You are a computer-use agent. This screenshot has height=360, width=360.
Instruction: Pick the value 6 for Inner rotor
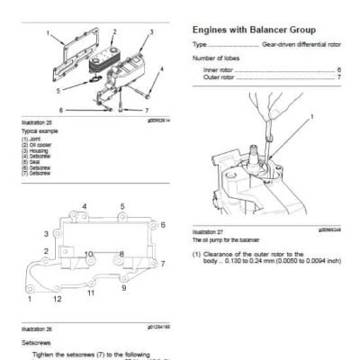pos(338,68)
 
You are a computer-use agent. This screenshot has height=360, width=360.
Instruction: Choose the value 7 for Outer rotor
pos(338,76)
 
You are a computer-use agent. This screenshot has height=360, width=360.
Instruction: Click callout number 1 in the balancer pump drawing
pos(311,117)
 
